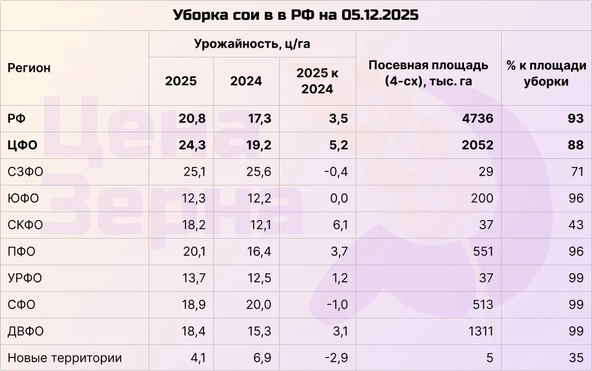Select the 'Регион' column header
(x=29, y=69)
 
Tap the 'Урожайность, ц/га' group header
(x=252, y=44)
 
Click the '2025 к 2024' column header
(x=317, y=81)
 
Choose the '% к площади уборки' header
(x=546, y=73)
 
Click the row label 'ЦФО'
(x=23, y=145)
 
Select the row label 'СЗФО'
(x=25, y=172)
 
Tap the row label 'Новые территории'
(x=64, y=358)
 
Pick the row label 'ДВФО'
(x=25, y=331)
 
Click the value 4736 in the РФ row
(x=478, y=119)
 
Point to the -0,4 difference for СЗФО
(x=335, y=172)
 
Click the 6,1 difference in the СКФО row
(x=340, y=225)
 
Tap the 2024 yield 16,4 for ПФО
(x=259, y=252)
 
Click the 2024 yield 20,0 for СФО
(x=258, y=305)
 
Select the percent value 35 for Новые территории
(x=576, y=358)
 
